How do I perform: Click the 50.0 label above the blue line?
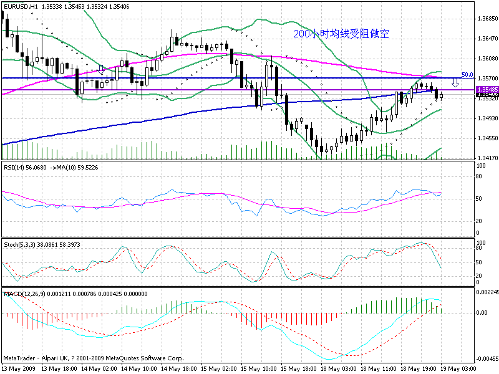(x=467, y=74)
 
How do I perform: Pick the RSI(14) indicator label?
(x=16, y=167)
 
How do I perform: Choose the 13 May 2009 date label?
(x=19, y=368)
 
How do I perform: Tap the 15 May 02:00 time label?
(x=217, y=368)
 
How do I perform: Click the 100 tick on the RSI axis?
(x=481, y=166)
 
